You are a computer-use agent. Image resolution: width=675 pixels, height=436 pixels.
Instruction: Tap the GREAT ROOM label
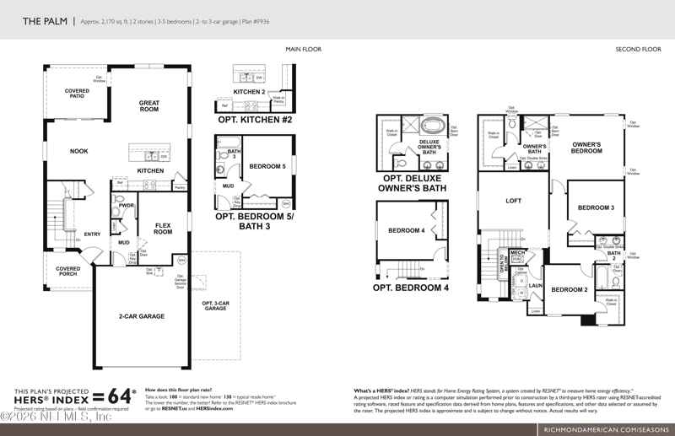(149, 106)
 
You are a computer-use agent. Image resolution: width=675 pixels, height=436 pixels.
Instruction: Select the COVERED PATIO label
(77, 94)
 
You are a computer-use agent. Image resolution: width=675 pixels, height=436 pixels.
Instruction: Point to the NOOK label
(79, 151)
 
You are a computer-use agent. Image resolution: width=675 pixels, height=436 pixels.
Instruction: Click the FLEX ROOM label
(163, 229)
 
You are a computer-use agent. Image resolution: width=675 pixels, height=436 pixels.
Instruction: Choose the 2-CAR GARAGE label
(142, 316)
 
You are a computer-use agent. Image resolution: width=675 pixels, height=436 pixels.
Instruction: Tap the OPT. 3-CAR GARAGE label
(215, 306)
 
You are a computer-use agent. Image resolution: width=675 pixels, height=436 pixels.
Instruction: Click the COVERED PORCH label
(68, 272)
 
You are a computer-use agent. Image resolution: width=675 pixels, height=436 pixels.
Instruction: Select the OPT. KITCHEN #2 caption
(255, 121)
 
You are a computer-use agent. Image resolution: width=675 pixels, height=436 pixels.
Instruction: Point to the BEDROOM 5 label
(267, 166)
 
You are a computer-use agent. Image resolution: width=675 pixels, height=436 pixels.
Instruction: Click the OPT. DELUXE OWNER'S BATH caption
(414, 183)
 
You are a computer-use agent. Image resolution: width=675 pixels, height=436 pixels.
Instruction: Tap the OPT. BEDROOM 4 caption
(411, 288)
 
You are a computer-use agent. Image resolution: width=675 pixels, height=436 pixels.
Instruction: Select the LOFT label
(514, 201)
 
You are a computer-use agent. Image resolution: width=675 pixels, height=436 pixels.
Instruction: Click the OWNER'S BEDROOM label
(586, 148)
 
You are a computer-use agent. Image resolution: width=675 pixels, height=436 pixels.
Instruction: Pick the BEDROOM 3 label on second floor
(596, 207)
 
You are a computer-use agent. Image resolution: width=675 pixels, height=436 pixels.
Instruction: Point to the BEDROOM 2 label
(569, 290)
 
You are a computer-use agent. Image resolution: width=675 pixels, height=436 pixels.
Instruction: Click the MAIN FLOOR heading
(304, 50)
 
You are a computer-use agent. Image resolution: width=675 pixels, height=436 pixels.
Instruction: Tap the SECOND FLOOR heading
(639, 50)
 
